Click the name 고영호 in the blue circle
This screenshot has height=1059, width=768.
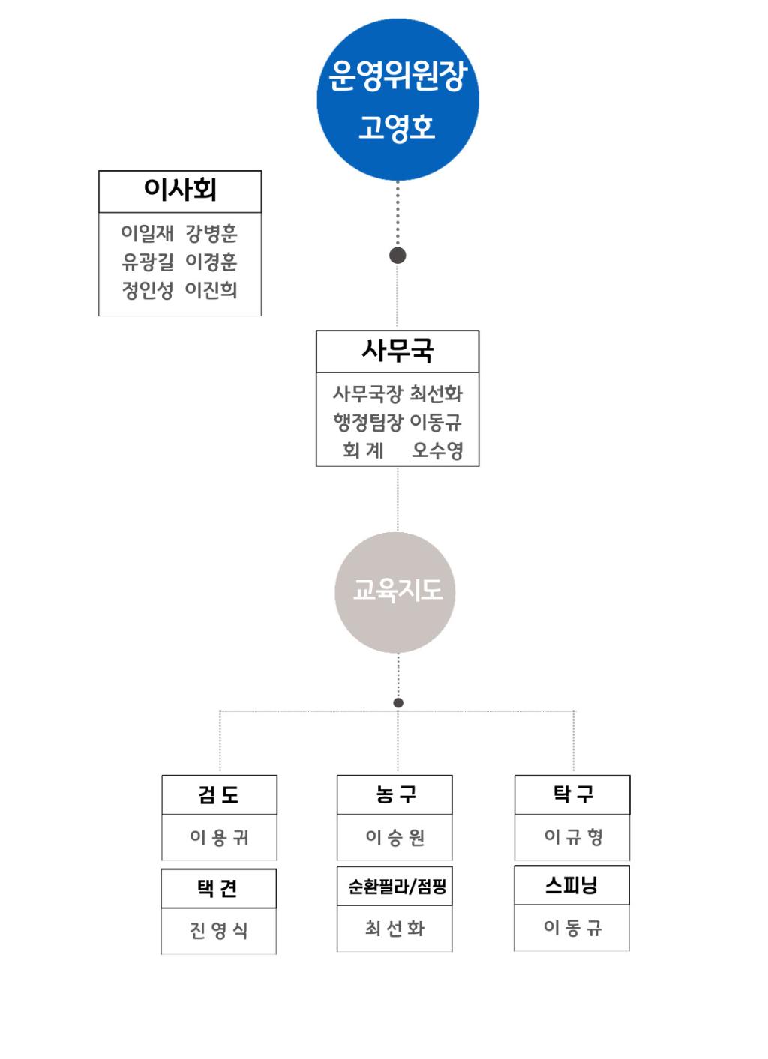pos(397,127)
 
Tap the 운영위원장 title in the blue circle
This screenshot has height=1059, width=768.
pos(397,75)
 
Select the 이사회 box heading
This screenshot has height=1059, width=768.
pos(180,190)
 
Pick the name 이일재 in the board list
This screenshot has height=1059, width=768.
pos(147,232)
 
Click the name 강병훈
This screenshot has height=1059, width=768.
pos(211,232)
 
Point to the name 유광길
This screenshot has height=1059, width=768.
pos(147,262)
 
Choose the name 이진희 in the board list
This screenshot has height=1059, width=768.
pos(211,290)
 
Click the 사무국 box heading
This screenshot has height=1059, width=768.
pos(397,351)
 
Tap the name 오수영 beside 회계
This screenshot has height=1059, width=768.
pos(436,450)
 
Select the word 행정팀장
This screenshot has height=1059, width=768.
pos(368,422)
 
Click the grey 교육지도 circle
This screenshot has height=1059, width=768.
pos(395,592)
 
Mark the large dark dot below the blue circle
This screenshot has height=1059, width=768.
pos(397,256)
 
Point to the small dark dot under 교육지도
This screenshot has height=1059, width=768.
pos(398,703)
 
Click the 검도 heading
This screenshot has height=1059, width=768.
pos(218,794)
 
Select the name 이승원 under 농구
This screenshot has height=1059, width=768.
pos(395,837)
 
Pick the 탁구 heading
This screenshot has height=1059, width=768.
pos(573,794)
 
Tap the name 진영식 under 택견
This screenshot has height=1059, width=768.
pos(218,930)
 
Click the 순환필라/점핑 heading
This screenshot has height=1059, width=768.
pos(397,886)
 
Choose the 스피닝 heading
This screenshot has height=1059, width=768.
pos(571,884)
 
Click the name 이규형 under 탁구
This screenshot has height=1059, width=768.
pos(573,836)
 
